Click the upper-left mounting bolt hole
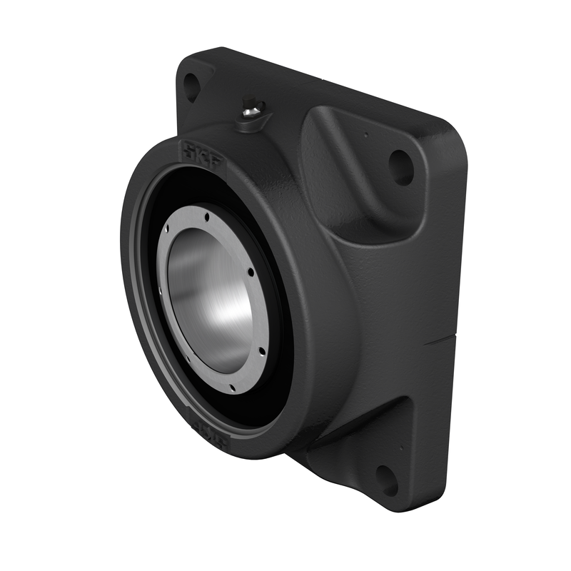coord(191,87)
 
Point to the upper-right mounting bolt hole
coord(401,168)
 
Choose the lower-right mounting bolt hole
coord(386,479)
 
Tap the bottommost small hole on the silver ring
coord(232,389)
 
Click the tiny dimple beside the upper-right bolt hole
coord(365,133)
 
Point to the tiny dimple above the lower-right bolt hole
coord(401,448)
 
